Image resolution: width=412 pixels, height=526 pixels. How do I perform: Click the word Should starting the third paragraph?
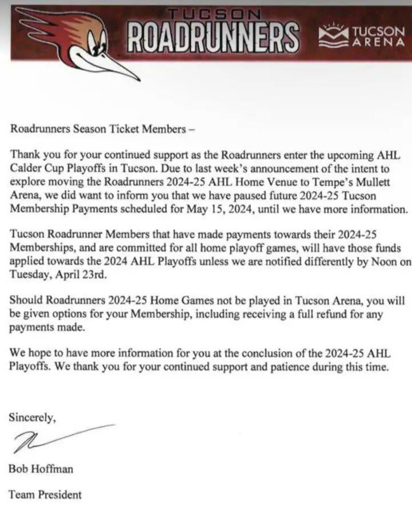26,302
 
